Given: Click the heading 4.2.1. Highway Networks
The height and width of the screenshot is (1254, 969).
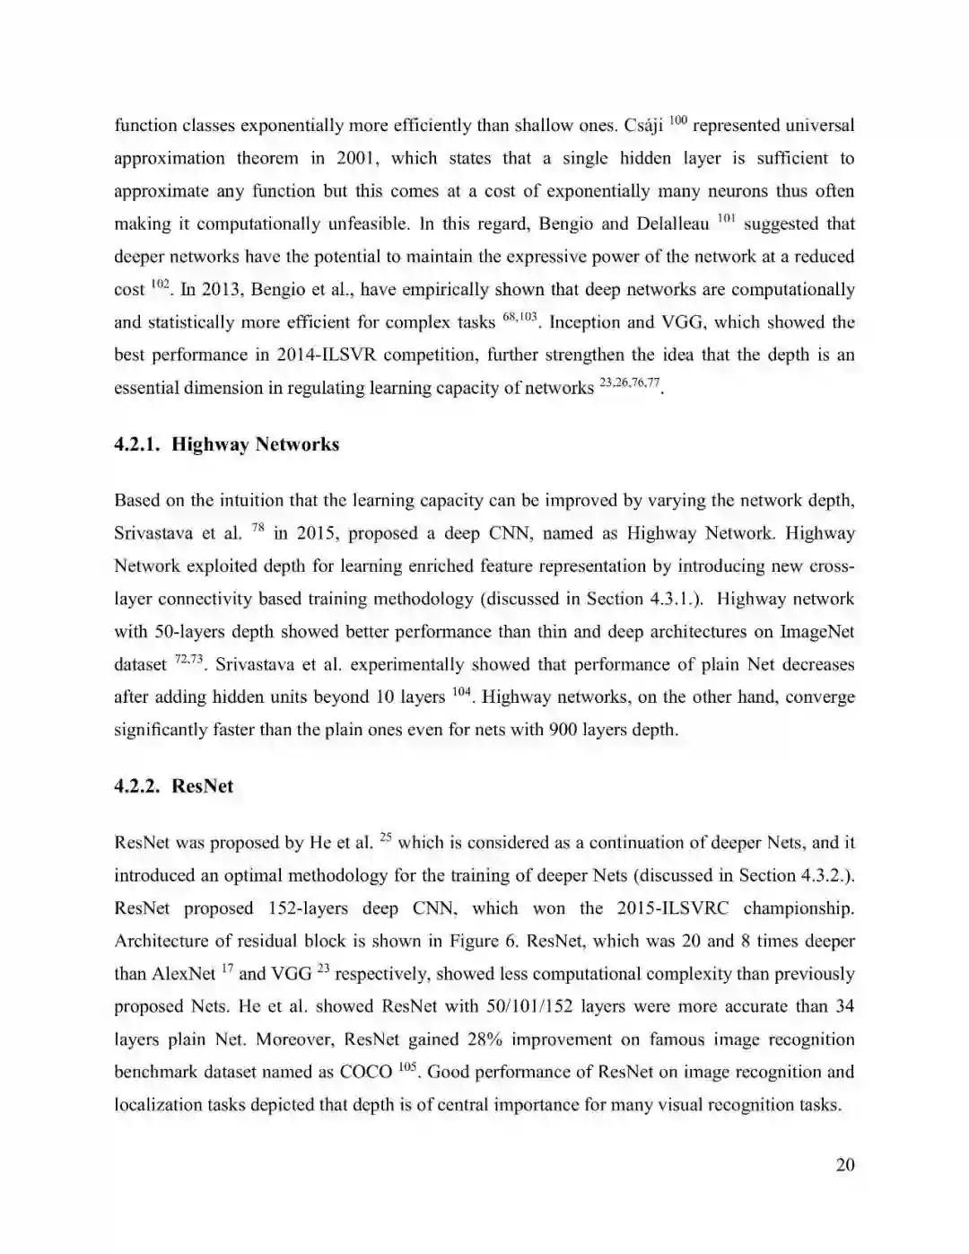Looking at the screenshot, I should (226, 444).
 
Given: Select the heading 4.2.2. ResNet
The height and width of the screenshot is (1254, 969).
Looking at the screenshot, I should (173, 786).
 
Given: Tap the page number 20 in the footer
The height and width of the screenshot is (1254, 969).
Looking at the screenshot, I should (845, 1165).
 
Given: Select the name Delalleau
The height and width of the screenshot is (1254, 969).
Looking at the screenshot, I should (671, 224).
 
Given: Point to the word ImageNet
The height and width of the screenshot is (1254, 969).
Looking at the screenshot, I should (816, 632).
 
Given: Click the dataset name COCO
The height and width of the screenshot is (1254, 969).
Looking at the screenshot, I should (366, 1073).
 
